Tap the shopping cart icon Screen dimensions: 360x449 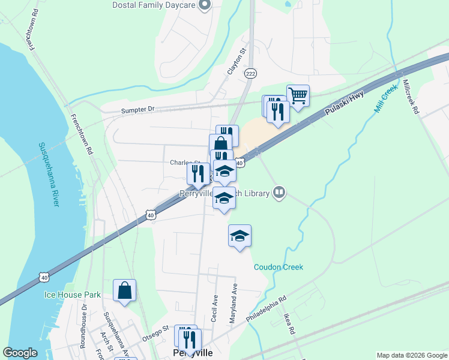coord(298,95)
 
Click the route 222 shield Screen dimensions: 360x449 coord(251,73)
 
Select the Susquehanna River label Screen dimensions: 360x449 coord(49,174)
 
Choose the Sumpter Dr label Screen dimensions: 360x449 coord(137,110)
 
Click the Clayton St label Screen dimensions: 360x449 coord(236,62)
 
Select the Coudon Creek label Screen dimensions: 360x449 coord(278,267)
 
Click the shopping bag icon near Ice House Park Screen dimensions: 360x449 coord(124,290)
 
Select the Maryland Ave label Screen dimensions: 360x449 coord(234,304)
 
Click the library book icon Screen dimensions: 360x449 coord(279,193)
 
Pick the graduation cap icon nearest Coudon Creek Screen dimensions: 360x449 coord(240,236)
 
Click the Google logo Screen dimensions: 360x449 coord(20,353)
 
